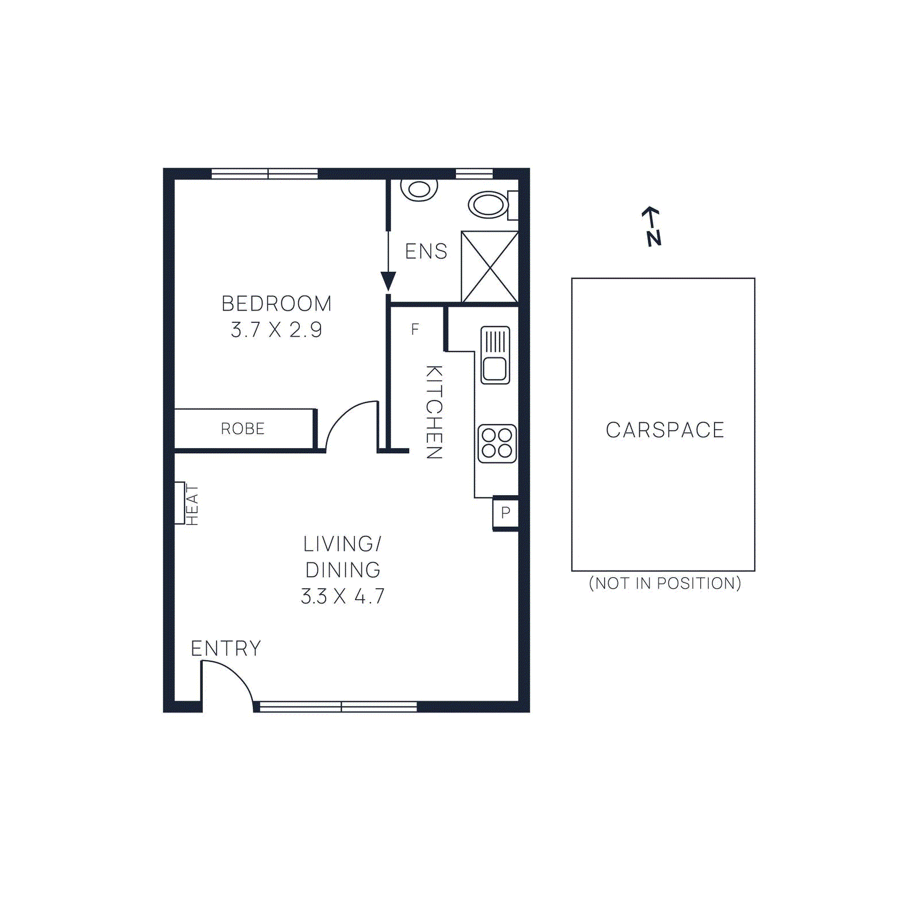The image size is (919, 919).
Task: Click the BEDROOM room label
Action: click(276, 303)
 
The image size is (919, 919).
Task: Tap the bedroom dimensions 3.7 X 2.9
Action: click(276, 330)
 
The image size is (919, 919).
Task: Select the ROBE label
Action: click(242, 429)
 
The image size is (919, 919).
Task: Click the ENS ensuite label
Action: click(426, 252)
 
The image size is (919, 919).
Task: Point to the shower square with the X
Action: click(490, 267)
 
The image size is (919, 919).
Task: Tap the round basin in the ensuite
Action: click(419, 190)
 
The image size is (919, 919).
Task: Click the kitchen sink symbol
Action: click(495, 355)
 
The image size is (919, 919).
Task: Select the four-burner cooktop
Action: click(497, 443)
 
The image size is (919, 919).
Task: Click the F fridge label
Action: click(415, 330)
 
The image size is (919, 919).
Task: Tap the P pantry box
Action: click(505, 512)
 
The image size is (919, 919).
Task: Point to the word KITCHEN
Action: click(434, 412)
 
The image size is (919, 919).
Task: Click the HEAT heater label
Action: click(192, 505)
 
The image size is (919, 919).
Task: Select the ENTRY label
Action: click(226, 648)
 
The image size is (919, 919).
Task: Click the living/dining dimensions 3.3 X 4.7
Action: click(343, 596)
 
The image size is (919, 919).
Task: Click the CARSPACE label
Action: click(665, 430)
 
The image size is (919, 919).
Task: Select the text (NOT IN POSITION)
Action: click(665, 584)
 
